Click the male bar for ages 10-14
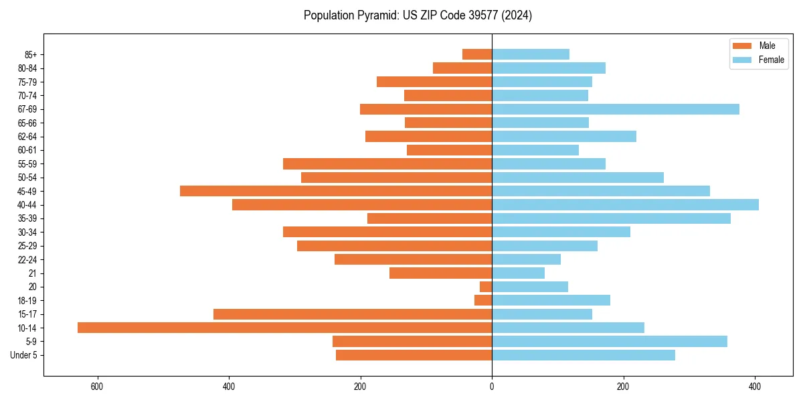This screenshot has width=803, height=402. pos(284,328)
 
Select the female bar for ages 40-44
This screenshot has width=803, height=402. pos(625,204)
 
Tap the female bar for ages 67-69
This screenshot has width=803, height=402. pos(616,109)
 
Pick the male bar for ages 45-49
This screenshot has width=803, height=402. pos(336,191)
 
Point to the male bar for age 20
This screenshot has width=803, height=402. pos(486,287)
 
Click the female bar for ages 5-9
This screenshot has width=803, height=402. pos(610,341)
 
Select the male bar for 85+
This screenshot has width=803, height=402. pos(477,54)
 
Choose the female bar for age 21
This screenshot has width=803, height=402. pos(518,273)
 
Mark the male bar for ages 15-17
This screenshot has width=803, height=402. pos(353,314)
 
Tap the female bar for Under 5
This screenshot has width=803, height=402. pos(584,355)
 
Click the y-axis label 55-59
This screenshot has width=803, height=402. pos(27,164)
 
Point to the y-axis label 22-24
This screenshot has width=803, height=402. pos(27,259)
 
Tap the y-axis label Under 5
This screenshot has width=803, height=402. pos(24,355)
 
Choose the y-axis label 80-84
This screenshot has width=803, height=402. pos(27,68)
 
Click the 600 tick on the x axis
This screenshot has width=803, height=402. pos(98,387)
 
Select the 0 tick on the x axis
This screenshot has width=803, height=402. pos(492,387)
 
